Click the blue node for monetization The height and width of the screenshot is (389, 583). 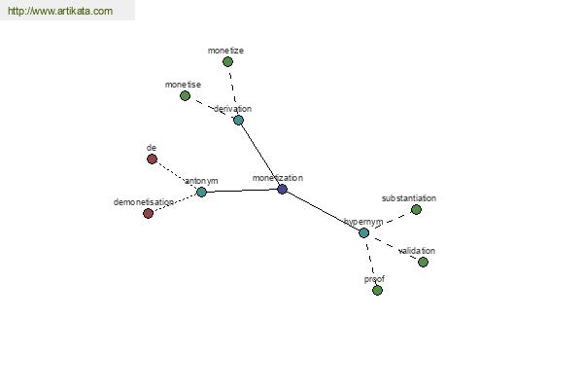click(x=282, y=189)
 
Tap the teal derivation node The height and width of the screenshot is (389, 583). click(x=238, y=120)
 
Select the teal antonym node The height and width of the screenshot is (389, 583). click(x=201, y=193)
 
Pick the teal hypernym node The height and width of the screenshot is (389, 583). click(x=364, y=233)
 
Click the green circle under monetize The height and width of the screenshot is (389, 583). click(x=228, y=62)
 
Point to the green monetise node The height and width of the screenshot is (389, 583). click(x=186, y=96)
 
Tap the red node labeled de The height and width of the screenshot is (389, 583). click(x=153, y=159)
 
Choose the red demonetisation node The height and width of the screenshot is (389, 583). click(x=149, y=214)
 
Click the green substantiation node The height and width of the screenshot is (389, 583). click(x=416, y=210)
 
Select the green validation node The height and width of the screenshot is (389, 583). click(x=423, y=262)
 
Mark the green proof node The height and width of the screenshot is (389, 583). click(x=377, y=291)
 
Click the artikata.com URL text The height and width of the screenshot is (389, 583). click(x=60, y=11)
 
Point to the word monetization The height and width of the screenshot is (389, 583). click(x=278, y=178)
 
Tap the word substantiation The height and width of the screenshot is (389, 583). click(x=409, y=198)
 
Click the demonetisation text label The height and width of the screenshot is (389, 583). click(x=144, y=202)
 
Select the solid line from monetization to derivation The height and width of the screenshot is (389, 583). click(x=260, y=155)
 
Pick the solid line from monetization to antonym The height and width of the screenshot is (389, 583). click(x=242, y=191)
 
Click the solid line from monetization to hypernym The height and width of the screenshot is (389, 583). click(x=324, y=211)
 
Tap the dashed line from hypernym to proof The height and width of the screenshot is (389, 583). click(x=371, y=262)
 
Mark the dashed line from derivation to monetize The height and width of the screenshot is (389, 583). click(x=233, y=90)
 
